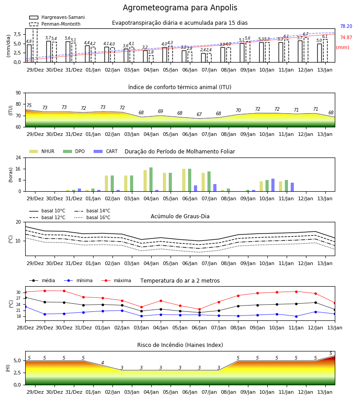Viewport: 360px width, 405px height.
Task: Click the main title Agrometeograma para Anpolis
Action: pyautogui.click(x=180, y=8)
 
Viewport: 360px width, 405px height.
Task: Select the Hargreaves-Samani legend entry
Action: pyautogui.click(x=57, y=17)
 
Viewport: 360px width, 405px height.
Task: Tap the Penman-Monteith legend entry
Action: pyautogui.click(x=55, y=24)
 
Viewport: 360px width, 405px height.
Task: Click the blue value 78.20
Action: pyautogui.click(x=346, y=26)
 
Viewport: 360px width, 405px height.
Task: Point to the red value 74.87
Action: pyautogui.click(x=346, y=37)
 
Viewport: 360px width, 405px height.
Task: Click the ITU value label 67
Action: pyautogui.click(x=199, y=114)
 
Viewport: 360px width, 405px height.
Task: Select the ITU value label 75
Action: pyautogui.click(x=29, y=105)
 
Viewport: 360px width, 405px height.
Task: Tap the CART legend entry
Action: pyautogui.click(x=106, y=151)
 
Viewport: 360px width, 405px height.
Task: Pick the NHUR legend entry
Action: pyautogui.click(x=42, y=151)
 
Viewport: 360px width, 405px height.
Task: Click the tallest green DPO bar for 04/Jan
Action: pyautogui.click(x=151, y=180)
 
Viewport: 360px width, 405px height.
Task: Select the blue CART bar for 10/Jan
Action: pyautogui.click(x=273, y=185)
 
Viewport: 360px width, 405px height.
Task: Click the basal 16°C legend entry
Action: pyautogui.click(x=92, y=217)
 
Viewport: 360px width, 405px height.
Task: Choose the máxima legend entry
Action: pyautogui.click(x=116, y=280)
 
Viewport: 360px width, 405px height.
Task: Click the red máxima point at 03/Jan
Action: pyautogui.click(x=141, y=307)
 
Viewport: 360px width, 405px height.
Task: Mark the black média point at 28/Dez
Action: pyautogui.click(x=25, y=297)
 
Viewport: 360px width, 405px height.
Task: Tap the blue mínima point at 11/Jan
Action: pyautogui.click(x=296, y=316)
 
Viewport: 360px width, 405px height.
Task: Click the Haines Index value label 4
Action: pyautogui.click(x=103, y=363)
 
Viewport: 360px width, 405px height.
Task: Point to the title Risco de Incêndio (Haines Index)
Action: pyautogui.click(x=180, y=345)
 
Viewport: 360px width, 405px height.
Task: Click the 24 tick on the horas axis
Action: pyautogui.click(x=18, y=157)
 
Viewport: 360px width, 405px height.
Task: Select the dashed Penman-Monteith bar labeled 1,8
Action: pyautogui.click(x=151, y=59)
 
